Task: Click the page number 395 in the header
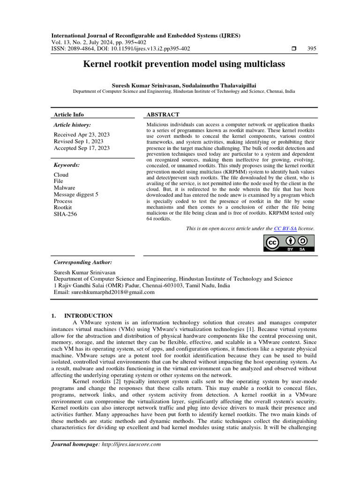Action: [311, 49]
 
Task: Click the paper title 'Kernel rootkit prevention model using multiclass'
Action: [184, 64]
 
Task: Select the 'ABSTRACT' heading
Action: [163, 114]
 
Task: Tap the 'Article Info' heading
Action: [69, 114]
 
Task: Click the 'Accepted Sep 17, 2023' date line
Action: [82, 148]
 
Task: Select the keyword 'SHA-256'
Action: [65, 214]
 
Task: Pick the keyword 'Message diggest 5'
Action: [76, 195]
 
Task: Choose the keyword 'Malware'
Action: [64, 188]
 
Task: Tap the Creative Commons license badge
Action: [288, 243]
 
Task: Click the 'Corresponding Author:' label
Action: [83, 262]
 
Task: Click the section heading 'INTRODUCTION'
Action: [88, 316]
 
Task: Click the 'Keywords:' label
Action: [67, 165]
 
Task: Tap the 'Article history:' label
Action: [72, 125]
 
